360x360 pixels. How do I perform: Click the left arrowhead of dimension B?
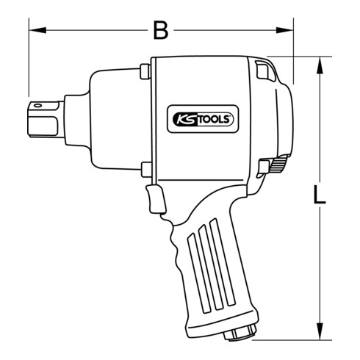click(34, 31)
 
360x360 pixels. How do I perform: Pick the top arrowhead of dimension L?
click(320, 62)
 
